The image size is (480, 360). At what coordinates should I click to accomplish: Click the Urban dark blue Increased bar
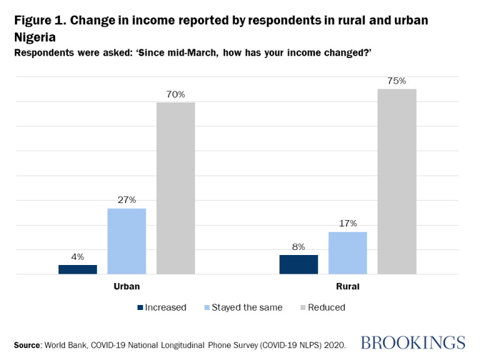tap(77, 269)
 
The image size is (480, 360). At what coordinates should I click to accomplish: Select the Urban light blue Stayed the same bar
tap(126, 241)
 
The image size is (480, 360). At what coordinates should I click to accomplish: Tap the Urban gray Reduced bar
tap(175, 188)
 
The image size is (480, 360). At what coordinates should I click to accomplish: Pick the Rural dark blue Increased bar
tap(299, 264)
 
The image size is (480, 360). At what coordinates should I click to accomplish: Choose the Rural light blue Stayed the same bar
tap(347, 253)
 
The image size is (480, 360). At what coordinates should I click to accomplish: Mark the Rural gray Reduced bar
tap(397, 181)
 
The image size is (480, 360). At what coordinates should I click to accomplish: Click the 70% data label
tap(176, 94)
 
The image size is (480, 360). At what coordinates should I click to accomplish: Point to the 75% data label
tap(397, 81)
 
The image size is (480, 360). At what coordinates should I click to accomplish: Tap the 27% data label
tap(127, 200)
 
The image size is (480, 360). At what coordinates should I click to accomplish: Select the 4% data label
tap(77, 257)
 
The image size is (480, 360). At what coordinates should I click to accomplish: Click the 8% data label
tap(299, 247)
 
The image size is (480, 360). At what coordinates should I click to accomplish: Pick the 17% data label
tap(348, 223)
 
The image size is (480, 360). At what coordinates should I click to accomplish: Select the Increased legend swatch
tap(140, 307)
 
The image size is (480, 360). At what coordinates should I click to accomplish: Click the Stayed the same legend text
tap(247, 307)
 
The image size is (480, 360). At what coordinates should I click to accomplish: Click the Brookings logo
tap(413, 342)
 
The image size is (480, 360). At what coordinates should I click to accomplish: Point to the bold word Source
tap(27, 344)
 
